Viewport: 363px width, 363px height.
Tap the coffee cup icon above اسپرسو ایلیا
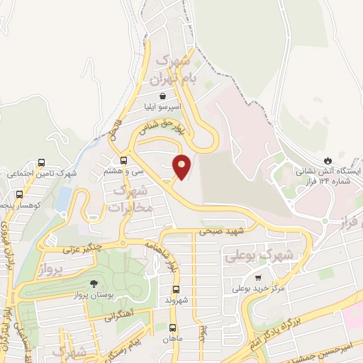164,96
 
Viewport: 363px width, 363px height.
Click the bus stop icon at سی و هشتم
124,160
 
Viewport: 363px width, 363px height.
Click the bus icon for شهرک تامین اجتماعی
42,162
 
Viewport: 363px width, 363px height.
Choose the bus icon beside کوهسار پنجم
19,194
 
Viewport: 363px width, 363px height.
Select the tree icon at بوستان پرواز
74,282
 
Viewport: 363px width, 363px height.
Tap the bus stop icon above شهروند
176,289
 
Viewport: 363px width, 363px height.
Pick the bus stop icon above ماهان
172,327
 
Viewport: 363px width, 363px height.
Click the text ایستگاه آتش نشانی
338,172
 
